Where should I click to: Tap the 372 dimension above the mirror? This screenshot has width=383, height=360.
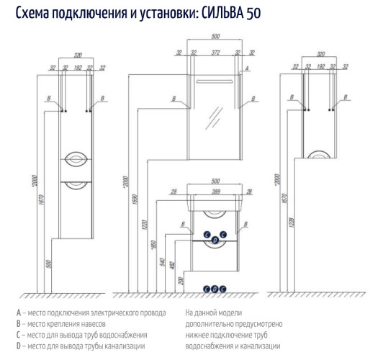(x=214, y=53)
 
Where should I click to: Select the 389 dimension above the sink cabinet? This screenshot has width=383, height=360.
(x=215, y=192)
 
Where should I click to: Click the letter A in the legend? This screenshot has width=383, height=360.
(x=17, y=313)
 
